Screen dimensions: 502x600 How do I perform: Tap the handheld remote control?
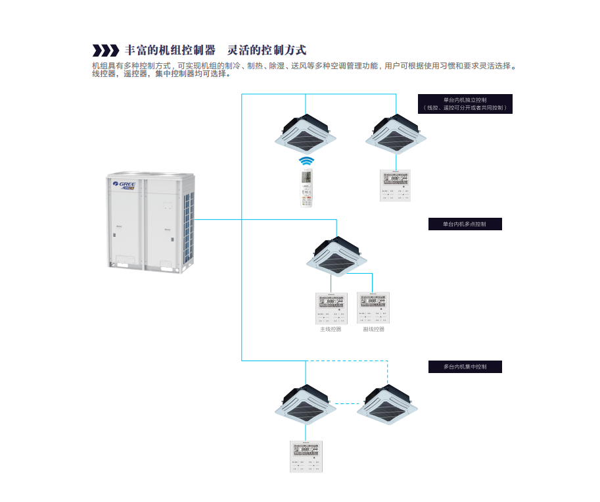(306, 188)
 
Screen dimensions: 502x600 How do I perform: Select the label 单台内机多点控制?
(465, 224)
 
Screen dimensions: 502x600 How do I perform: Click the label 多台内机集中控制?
(465, 366)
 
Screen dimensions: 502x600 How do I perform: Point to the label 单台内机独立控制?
(465, 99)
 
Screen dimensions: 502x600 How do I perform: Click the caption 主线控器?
(331, 329)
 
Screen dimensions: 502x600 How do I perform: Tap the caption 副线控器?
(373, 329)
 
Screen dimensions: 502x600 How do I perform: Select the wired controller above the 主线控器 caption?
(331, 307)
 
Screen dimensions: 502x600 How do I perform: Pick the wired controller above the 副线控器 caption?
(373, 307)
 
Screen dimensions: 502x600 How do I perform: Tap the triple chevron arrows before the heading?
(106, 51)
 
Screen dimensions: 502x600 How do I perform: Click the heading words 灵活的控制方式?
(267, 51)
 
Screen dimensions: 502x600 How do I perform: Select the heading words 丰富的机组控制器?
(170, 51)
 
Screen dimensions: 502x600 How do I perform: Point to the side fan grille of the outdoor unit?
(189, 224)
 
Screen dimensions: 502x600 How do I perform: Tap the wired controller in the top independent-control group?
(395, 185)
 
